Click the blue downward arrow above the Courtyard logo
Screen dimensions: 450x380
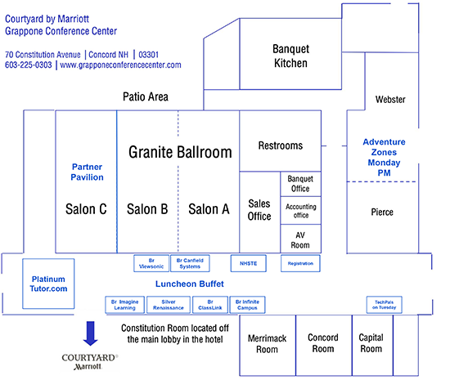90,333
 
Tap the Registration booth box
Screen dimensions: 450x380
300,263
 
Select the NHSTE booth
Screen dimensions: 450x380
249,263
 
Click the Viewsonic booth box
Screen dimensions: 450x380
151,263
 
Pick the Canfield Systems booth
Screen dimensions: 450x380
190,263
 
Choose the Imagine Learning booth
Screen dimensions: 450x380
125,305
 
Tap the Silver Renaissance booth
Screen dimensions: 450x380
169,305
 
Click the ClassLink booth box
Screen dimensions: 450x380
210,305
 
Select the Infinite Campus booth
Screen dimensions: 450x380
247,305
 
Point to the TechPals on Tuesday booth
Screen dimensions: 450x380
385,305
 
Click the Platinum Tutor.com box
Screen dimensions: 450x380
48,284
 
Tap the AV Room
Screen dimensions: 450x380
300,239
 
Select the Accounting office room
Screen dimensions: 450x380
300,211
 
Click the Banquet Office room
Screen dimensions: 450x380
300,184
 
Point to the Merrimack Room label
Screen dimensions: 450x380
268,344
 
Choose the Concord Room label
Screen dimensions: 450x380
323,343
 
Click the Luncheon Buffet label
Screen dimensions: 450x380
190,284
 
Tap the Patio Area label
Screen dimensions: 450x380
146,97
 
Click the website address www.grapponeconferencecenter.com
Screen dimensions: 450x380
120,65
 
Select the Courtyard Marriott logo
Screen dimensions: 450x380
90,362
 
